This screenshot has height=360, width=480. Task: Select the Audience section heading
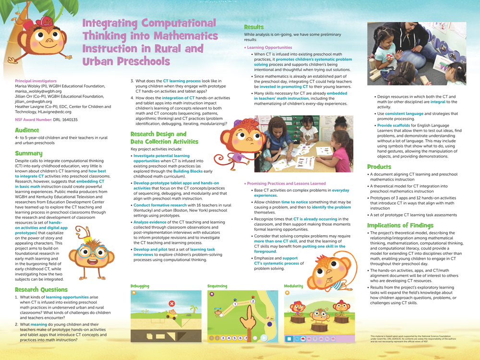pyautogui.click(x=27, y=130)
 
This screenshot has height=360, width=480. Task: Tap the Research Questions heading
pyautogui.click(x=41, y=289)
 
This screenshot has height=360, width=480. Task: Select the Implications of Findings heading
pyautogui.click(x=400, y=225)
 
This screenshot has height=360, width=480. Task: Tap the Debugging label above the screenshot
pyautogui.click(x=140, y=286)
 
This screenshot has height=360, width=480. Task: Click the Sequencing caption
pyautogui.click(x=217, y=286)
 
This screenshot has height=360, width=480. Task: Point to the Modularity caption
pyautogui.click(x=293, y=286)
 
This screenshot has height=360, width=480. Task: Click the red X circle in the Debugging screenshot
pyautogui.click(x=172, y=304)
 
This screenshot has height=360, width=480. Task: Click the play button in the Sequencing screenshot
pyautogui.click(x=264, y=338)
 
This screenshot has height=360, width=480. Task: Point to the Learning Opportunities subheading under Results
pyautogui.click(x=269, y=48)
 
